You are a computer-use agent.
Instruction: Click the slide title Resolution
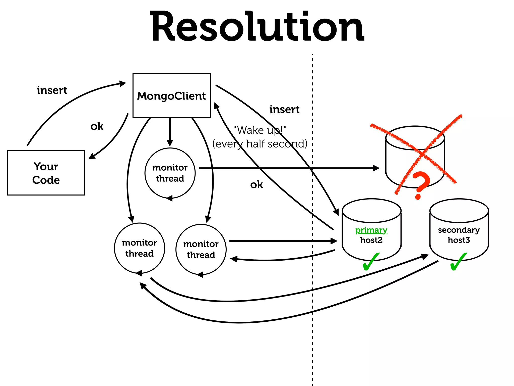click(257, 26)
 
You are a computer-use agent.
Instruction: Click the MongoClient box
click(171, 95)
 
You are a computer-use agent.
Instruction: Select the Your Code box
click(46, 173)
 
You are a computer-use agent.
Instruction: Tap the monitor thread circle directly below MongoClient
click(170, 173)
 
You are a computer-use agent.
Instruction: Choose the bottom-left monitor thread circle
click(140, 248)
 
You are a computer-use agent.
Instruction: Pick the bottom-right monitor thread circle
click(201, 249)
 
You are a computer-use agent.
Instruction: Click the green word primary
click(371, 230)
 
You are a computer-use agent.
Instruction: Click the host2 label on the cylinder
click(371, 240)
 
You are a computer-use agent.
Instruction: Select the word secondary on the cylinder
click(459, 230)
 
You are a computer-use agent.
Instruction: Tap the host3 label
click(459, 240)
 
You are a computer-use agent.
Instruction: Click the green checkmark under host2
click(371, 262)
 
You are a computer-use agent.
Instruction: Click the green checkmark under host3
click(458, 262)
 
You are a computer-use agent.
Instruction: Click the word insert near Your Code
click(52, 90)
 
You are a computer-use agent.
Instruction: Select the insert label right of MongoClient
click(284, 109)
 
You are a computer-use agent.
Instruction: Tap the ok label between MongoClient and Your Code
click(97, 126)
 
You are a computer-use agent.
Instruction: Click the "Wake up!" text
click(260, 130)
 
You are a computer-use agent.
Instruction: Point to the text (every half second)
click(260, 144)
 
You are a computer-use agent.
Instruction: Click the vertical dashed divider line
click(312, 327)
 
